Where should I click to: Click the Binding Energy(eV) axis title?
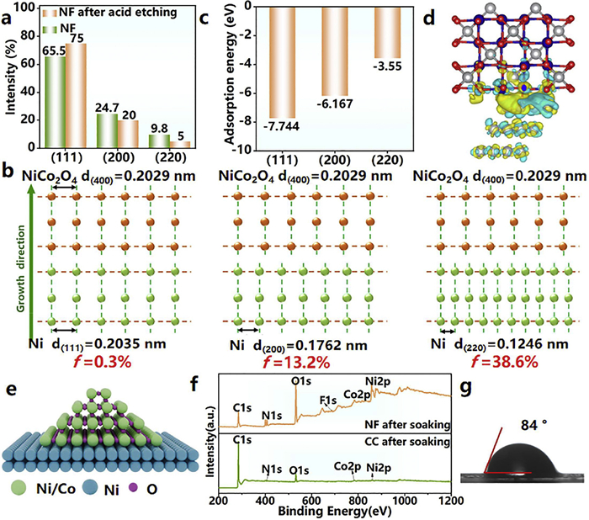tap(336, 512)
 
